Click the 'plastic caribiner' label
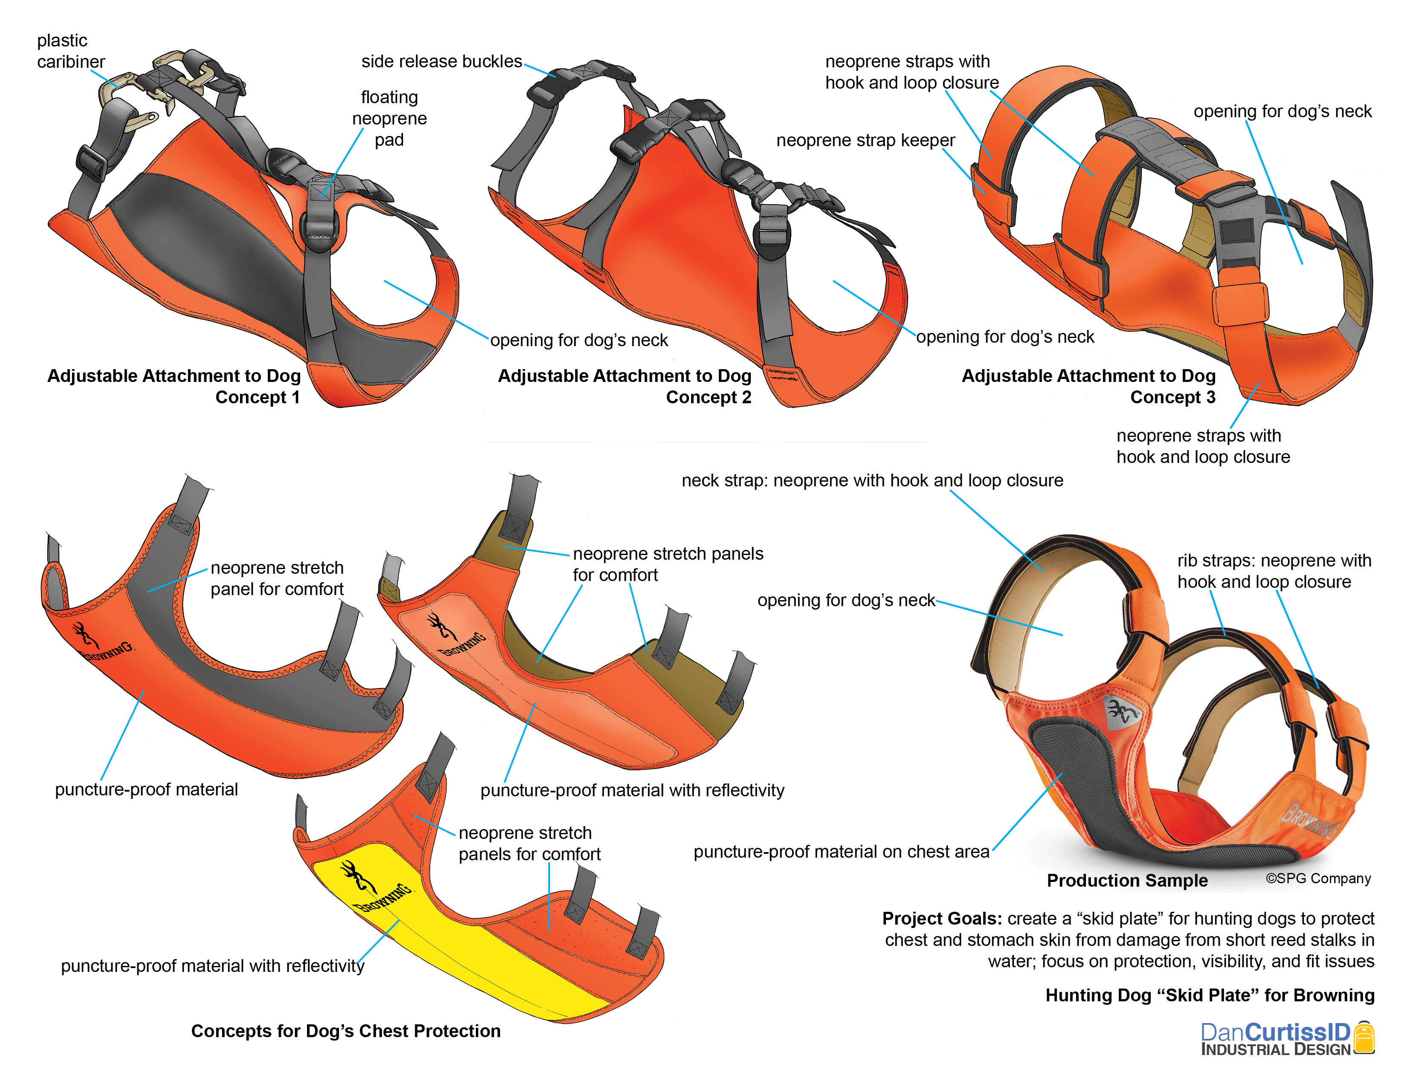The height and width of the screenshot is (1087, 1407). click(70, 51)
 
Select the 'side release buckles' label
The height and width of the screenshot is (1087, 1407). click(441, 61)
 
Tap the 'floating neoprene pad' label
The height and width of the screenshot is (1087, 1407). click(389, 119)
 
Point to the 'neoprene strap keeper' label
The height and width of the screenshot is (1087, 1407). click(865, 140)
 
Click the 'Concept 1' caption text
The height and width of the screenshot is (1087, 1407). click(257, 397)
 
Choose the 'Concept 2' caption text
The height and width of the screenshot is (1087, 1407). click(708, 397)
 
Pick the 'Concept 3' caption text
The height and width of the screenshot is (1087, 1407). click(1172, 397)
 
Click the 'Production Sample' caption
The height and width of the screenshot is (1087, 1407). click(1127, 880)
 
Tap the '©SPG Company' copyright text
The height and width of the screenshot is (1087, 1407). click(1318, 879)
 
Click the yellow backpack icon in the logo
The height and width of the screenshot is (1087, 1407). click(1364, 1037)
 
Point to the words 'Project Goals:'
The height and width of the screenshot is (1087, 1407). click(942, 918)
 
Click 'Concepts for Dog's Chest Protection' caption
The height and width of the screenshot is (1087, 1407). click(346, 1031)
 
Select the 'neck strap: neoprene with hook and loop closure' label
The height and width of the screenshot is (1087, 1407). click(872, 480)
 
